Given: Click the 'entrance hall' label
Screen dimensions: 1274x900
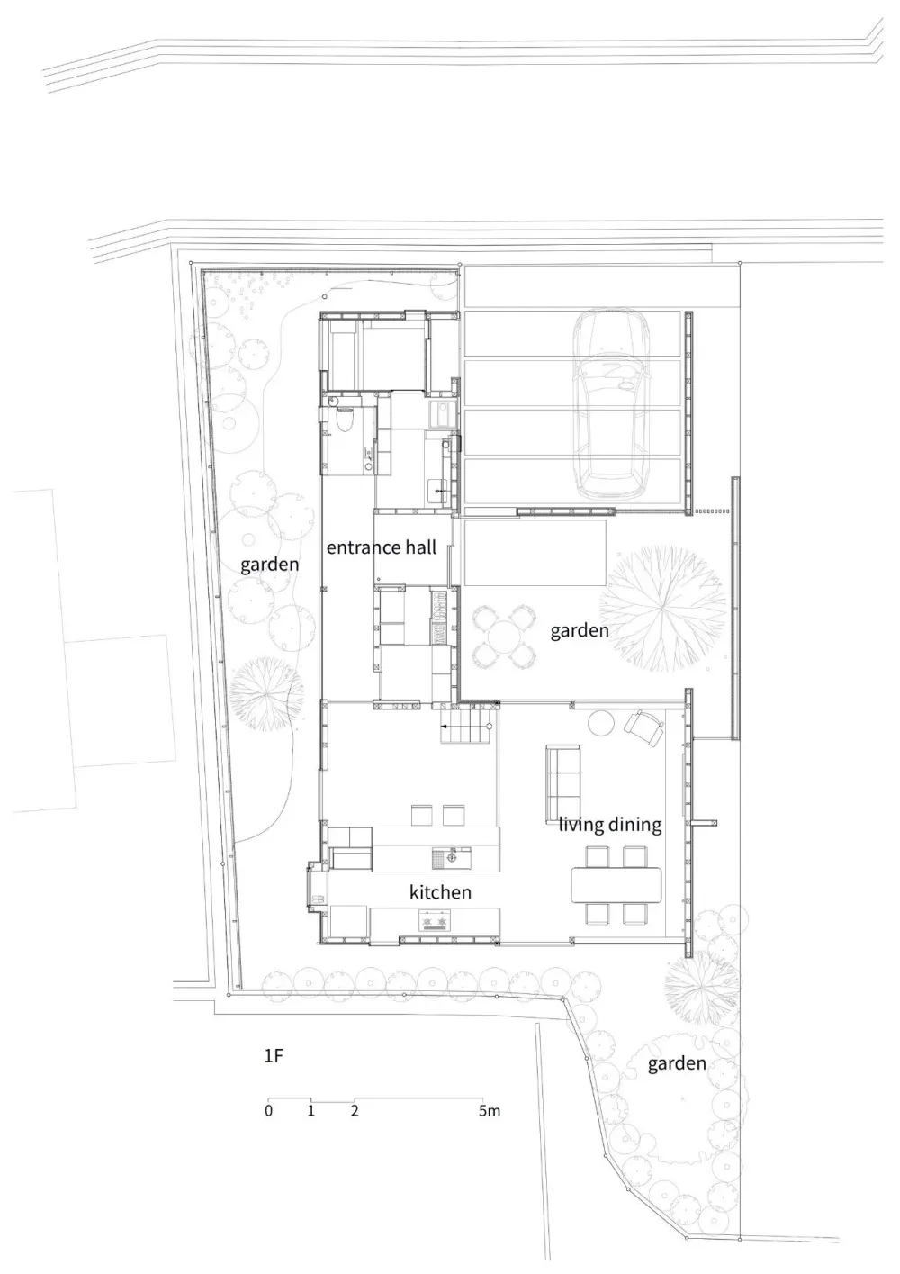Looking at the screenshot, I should tap(381, 547).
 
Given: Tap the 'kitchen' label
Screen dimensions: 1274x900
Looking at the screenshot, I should tap(440, 892).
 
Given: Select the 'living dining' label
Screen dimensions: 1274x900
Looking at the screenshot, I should tap(610, 824).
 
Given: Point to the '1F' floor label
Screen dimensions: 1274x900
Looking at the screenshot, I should tap(274, 1056).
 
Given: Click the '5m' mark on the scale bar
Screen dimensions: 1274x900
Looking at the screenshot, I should tap(489, 1111).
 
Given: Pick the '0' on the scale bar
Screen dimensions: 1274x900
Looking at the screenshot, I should tap(268, 1111).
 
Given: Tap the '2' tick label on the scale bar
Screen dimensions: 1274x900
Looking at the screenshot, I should tap(355, 1111).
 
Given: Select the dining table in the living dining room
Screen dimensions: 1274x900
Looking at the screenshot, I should tap(616, 883).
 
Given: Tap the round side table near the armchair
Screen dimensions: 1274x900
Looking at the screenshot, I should tap(601, 723).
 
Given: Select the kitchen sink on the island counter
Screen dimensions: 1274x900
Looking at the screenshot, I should tap(445, 857).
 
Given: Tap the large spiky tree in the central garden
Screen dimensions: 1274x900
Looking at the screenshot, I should tap(667, 605).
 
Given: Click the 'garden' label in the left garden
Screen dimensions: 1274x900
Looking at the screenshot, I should tap(269, 565).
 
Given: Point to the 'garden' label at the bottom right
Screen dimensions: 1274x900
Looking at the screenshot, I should tap(677, 1064).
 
